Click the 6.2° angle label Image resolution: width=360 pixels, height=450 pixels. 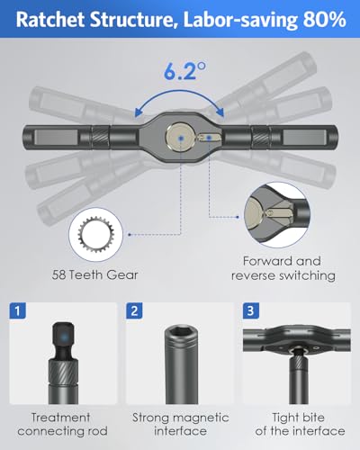[x=184, y=71]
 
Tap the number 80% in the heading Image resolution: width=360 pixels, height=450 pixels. [x=325, y=20]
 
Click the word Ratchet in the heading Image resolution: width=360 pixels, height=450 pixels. [x=50, y=20]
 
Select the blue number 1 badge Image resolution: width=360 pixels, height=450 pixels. [x=18, y=310]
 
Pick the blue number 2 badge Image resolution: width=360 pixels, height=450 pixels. [x=134, y=310]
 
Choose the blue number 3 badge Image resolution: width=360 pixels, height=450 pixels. [x=250, y=310]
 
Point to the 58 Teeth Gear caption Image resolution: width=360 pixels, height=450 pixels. [x=94, y=274]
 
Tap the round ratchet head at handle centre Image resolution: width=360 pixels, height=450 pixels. [x=180, y=138]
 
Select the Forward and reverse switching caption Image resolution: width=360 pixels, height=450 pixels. [x=283, y=268]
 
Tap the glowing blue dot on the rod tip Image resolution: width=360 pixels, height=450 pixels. [x=64, y=337]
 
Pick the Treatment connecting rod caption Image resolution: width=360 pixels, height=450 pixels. [x=62, y=424]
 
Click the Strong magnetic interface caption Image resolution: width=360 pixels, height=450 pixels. [x=181, y=424]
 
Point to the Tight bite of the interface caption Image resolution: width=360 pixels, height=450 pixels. [x=300, y=424]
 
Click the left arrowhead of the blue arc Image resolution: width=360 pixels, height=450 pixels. [x=139, y=112]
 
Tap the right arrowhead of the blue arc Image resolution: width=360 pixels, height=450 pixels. [x=220, y=112]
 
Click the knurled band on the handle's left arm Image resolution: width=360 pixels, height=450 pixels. [x=100, y=138]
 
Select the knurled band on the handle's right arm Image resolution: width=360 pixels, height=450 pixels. [x=260, y=138]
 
